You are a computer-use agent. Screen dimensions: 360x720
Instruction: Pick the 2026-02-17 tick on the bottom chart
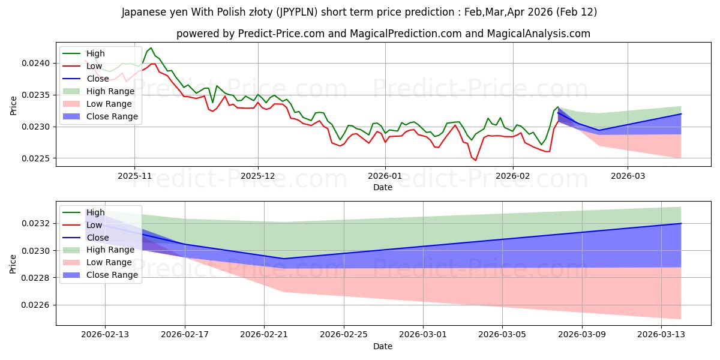pyautogui.click(x=185, y=335)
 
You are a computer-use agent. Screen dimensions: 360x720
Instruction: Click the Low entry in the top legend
pyautogui.click(x=95, y=66)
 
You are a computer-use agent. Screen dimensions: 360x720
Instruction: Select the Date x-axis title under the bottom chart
pyautogui.click(x=383, y=346)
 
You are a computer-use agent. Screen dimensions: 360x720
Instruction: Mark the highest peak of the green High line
pyautogui.click(x=151, y=48)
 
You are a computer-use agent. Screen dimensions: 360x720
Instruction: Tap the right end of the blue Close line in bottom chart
pyautogui.click(x=681, y=223)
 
